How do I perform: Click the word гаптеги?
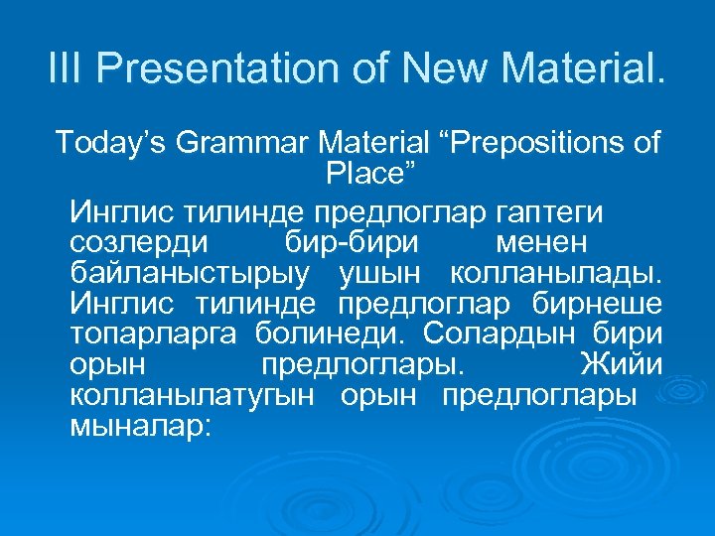click(x=552, y=212)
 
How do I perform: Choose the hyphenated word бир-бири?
click(x=344, y=242)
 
